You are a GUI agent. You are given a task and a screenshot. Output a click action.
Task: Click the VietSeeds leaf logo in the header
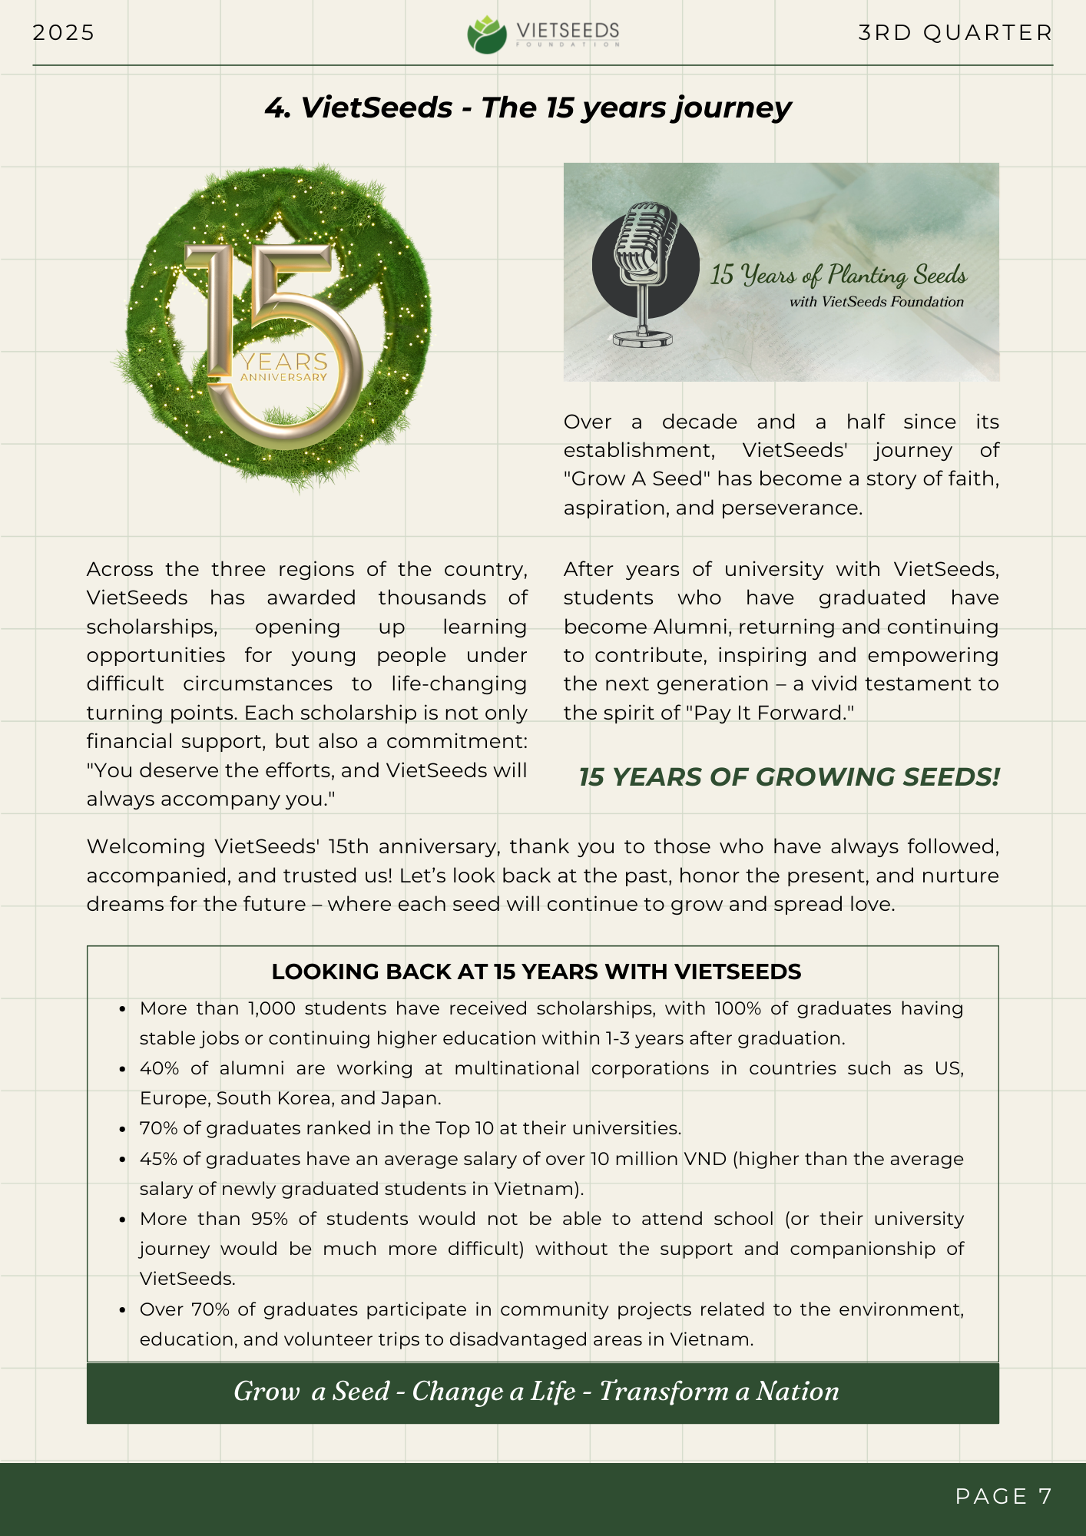[487, 35]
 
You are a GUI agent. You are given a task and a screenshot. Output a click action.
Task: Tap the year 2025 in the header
[64, 33]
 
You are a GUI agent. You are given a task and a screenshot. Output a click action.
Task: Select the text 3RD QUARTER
[955, 33]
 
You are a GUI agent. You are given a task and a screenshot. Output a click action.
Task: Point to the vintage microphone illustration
[644, 273]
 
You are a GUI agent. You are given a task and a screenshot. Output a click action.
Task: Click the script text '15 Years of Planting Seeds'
[838, 275]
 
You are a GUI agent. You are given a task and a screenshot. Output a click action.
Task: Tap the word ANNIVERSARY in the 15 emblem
[283, 377]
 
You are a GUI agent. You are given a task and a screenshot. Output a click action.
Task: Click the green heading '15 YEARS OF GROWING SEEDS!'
[789, 777]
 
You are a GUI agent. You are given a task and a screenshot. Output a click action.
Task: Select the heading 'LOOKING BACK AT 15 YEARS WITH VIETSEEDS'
[536, 972]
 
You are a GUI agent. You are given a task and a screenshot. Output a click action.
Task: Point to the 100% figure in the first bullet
[737, 1008]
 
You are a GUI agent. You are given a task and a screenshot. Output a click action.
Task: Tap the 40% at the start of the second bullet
[159, 1068]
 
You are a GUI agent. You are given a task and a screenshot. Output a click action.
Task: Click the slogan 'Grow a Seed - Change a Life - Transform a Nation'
[536, 1392]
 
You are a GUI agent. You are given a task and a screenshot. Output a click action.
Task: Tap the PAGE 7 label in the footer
[1003, 1496]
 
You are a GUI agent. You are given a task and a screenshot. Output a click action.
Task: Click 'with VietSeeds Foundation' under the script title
[876, 302]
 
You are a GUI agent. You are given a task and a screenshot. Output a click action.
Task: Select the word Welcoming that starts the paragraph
[145, 846]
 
